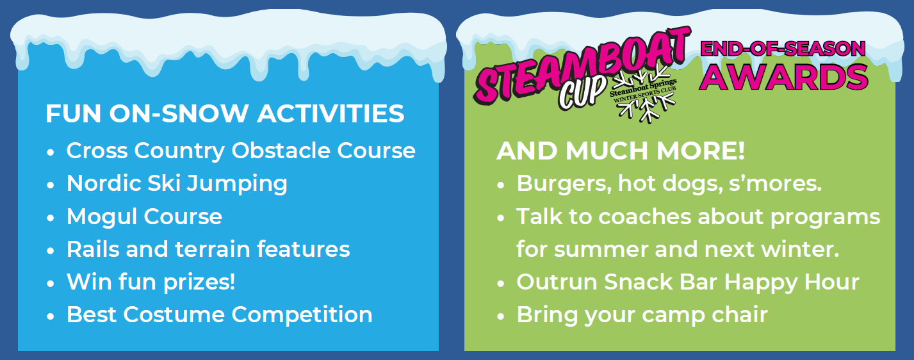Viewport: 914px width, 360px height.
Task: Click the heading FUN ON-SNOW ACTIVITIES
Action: [x=225, y=113]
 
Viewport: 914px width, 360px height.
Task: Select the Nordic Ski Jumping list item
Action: [x=177, y=184]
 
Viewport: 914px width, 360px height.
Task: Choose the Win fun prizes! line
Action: [x=151, y=282]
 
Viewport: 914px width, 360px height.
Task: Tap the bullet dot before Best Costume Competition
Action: [x=51, y=316]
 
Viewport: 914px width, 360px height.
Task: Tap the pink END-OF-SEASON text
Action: [x=783, y=49]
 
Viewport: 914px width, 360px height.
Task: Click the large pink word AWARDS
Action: [x=783, y=77]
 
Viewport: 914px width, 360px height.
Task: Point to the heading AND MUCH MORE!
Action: [x=621, y=151]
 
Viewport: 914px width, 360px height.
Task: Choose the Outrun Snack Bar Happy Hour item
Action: [x=688, y=282]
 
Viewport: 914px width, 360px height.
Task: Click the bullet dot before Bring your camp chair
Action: [x=501, y=316]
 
